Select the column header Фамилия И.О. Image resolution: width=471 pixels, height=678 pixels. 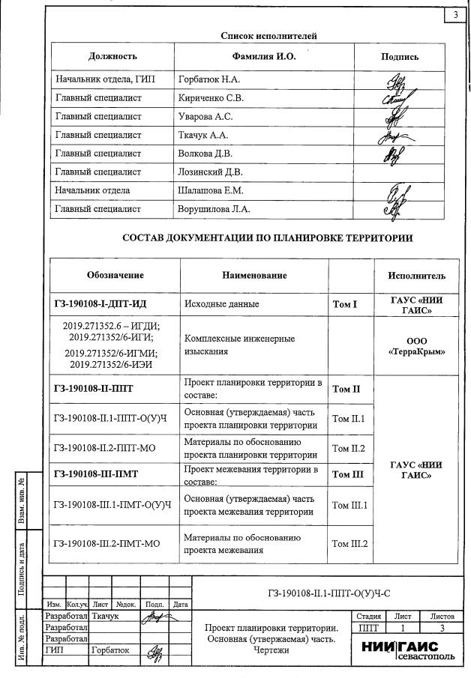pos(265,57)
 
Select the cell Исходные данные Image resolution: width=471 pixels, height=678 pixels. pos(222,304)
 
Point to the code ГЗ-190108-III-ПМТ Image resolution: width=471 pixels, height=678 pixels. pos(102,474)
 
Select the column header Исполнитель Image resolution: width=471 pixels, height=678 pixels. pos(417,276)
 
